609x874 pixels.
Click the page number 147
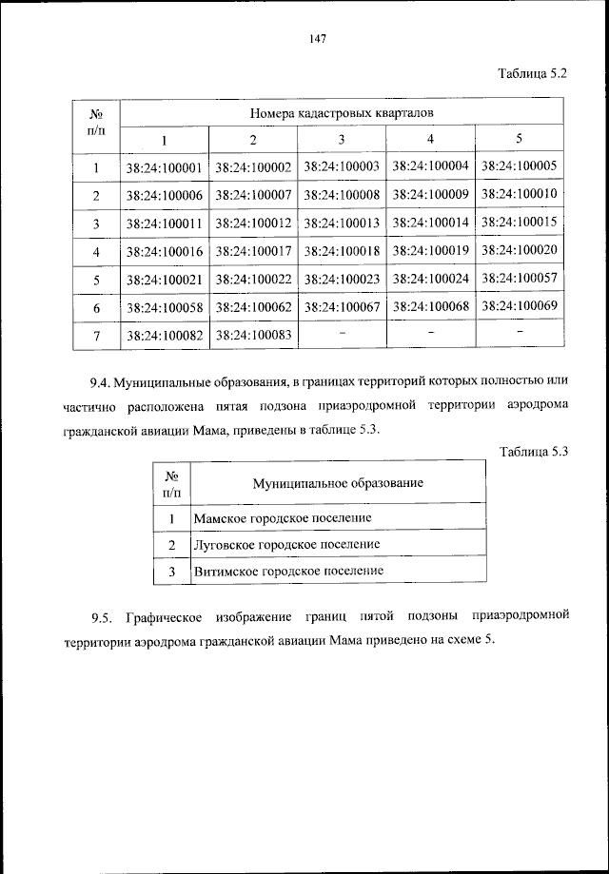pyautogui.click(x=318, y=38)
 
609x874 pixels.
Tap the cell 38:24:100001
pyautogui.click(x=163, y=168)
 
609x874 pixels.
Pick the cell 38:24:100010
pyautogui.click(x=519, y=194)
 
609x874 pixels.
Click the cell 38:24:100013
pyautogui.click(x=342, y=223)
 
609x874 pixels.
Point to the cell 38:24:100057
pyautogui.click(x=519, y=279)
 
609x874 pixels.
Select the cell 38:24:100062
pyautogui.click(x=253, y=307)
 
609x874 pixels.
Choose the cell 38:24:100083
pyautogui.click(x=253, y=335)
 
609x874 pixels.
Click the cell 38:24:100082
pyautogui.click(x=163, y=335)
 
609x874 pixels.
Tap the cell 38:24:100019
pyautogui.click(x=430, y=251)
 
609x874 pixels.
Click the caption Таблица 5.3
pyautogui.click(x=533, y=452)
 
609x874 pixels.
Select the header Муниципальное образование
pyautogui.click(x=338, y=483)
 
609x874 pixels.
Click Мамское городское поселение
pyautogui.click(x=282, y=518)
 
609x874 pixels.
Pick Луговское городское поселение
pyautogui.click(x=286, y=544)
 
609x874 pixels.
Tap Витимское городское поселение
pyautogui.click(x=288, y=571)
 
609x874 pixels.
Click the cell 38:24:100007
pyautogui.click(x=253, y=196)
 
